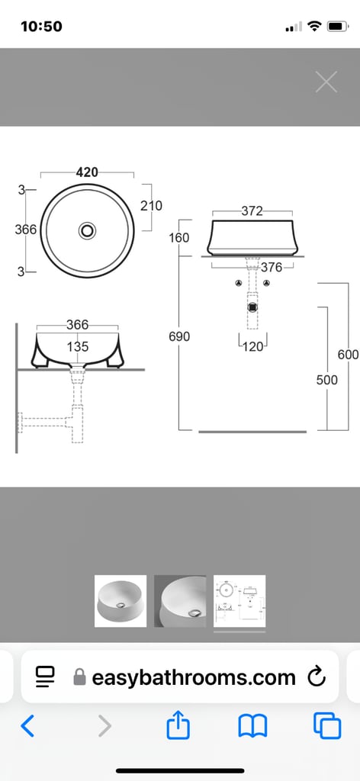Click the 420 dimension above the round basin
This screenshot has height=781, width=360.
tap(87, 172)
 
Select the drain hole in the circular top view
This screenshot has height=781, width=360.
tap(88, 230)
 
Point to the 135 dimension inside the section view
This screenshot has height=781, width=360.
tap(77, 346)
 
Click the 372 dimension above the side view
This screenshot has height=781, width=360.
tap(252, 211)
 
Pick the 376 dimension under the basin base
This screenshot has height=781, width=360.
tap(272, 267)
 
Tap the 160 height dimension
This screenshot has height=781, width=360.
tap(179, 238)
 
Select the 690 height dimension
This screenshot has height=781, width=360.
tap(179, 336)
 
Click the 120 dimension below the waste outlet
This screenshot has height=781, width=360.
tap(253, 346)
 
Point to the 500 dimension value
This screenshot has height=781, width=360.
tap(326, 379)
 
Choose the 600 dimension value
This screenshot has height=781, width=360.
tap(348, 355)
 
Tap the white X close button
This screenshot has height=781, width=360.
tap(326, 82)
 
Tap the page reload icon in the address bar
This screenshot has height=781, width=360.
tap(315, 677)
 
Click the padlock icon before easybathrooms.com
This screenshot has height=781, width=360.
tap(79, 677)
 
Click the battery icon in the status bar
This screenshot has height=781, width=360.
tap(337, 27)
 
